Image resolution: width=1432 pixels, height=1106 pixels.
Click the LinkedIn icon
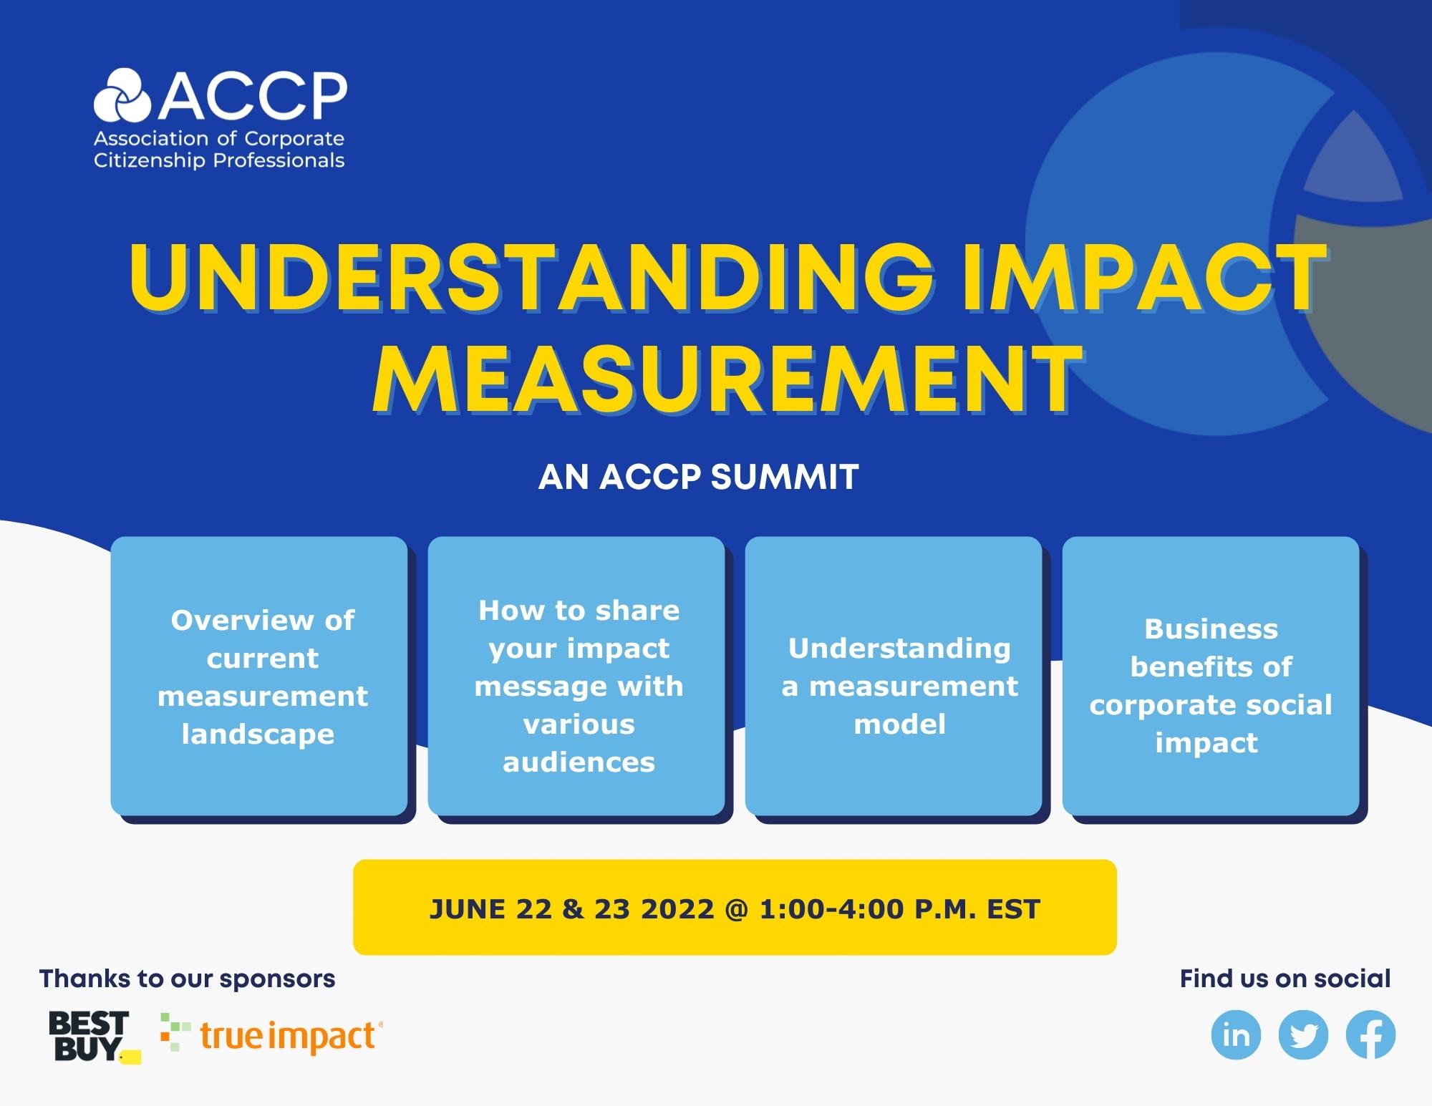pos(1236,1035)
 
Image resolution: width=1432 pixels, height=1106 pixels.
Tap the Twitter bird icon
pos(1303,1035)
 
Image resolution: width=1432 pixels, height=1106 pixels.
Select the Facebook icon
pos(1370,1035)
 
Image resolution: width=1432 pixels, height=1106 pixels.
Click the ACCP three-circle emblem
pos(122,94)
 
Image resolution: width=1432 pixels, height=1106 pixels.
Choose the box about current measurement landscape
pos(259,676)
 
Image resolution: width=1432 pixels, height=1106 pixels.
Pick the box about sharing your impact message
pos(576,676)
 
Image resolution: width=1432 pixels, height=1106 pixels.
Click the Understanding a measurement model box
pos(894,676)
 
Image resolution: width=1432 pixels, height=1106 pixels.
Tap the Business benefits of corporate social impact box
pos(1211,676)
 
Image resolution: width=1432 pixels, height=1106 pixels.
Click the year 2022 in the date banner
pos(677,909)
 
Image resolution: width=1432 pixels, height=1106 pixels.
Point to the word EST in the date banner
pos(1013,909)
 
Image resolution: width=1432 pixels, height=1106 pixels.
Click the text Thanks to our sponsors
pos(187,979)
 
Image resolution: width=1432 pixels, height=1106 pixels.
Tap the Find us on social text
pos(1285,979)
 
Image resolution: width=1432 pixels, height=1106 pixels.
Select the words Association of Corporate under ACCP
pos(219,138)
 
